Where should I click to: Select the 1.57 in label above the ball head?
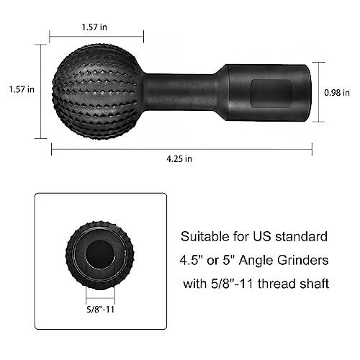coord(96,27)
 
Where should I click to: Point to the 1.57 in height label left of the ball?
coord(21,90)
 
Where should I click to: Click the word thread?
coord(274,284)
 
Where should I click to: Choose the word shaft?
coord(315,284)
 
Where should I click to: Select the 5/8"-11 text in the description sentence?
coord(227,284)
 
